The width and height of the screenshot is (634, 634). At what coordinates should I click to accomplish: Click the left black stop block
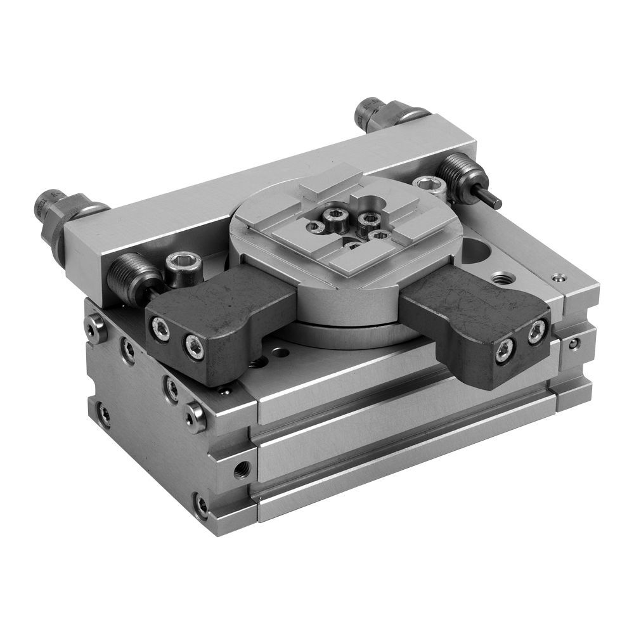(216, 317)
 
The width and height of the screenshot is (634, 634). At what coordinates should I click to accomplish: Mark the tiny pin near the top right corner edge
(557, 276)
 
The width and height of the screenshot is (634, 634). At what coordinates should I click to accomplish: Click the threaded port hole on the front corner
(242, 470)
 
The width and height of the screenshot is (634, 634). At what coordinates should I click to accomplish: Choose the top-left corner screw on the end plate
(94, 327)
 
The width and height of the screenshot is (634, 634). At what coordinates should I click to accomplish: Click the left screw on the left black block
(160, 328)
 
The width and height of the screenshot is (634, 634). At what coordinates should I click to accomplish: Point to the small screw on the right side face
(574, 344)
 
